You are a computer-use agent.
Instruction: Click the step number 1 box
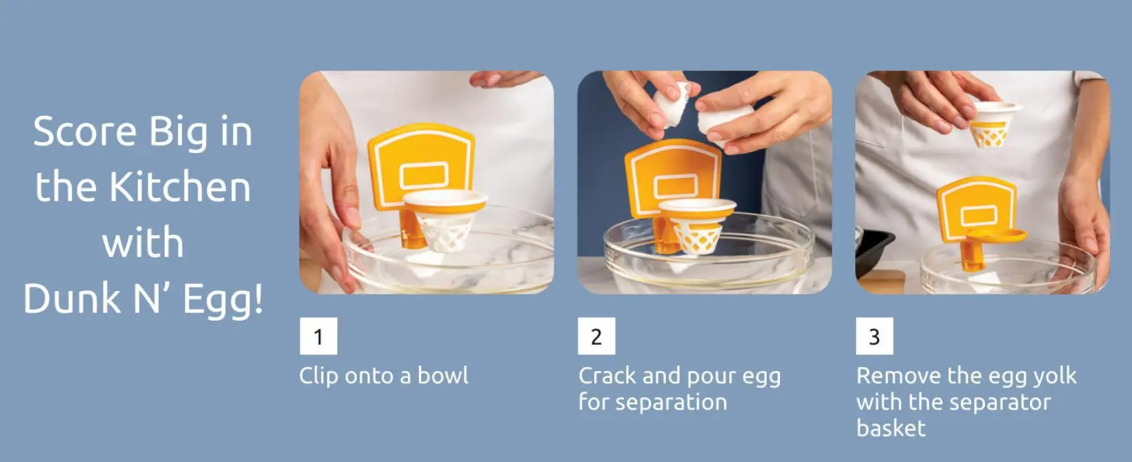coord(318,336)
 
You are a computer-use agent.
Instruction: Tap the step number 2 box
coord(596,336)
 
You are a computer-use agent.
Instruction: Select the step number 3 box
coord(875,336)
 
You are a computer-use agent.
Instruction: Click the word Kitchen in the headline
coord(180,187)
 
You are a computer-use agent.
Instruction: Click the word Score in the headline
coord(85,131)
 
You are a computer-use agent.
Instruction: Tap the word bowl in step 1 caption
coord(442,375)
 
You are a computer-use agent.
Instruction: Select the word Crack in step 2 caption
coord(607,376)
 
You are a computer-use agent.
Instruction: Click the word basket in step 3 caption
coord(891,428)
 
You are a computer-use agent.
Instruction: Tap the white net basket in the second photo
coord(697,228)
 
